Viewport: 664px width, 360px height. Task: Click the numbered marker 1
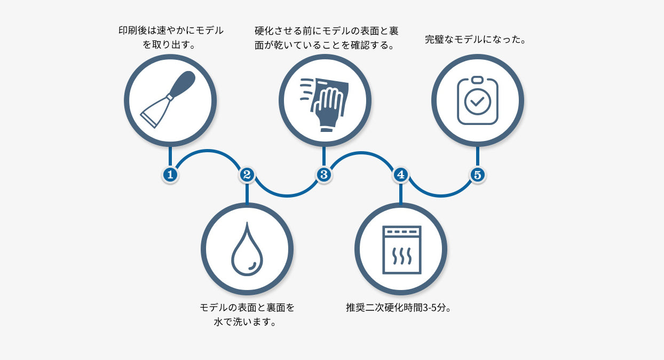click(170, 174)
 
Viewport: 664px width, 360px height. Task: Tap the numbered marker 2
click(247, 174)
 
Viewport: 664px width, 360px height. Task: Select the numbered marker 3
click(323, 174)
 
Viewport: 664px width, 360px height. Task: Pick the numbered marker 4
click(400, 174)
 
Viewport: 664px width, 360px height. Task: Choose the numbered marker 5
click(477, 174)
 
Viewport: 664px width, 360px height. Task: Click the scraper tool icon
click(170, 100)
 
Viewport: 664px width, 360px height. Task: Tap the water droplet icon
click(247, 248)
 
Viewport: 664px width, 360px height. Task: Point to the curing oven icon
click(401, 249)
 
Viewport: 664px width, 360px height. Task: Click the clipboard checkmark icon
click(477, 100)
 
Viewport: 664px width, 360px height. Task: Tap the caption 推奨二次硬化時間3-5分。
click(400, 308)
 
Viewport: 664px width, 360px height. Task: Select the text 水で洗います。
click(247, 322)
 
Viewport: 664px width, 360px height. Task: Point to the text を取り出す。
click(170, 45)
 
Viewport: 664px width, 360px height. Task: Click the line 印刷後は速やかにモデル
click(170, 30)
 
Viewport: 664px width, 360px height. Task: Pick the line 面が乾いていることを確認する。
click(326, 45)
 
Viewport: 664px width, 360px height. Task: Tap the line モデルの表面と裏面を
click(247, 308)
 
